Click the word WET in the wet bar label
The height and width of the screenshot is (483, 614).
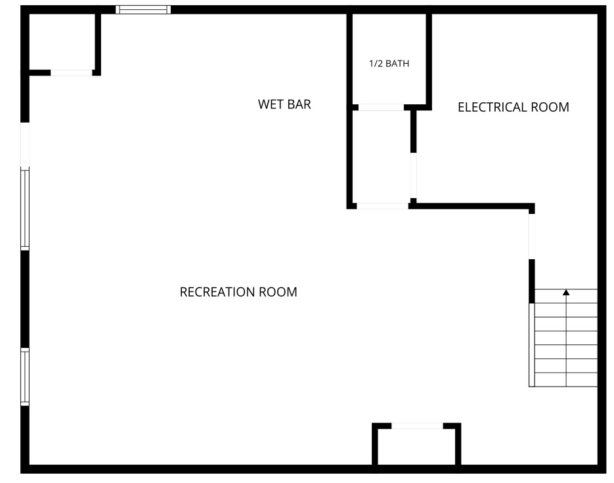coord(269,104)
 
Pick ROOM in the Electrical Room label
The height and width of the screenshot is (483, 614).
coord(550,107)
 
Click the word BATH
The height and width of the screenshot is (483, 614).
coord(397,64)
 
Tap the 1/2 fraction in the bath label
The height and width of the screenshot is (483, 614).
coord(376,64)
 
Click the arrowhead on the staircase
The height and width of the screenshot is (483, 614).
coord(566,293)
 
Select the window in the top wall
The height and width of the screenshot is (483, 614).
coord(143,10)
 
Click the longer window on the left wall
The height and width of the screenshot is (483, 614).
coord(25,209)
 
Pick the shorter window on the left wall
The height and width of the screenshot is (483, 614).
coord(25,377)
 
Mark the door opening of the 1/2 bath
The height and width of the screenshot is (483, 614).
coord(381,107)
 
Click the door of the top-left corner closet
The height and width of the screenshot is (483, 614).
coord(72,73)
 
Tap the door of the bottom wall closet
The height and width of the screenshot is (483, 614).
coord(418,426)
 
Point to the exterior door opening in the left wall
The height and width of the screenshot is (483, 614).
coord(25,145)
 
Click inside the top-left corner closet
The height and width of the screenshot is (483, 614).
coord(62,42)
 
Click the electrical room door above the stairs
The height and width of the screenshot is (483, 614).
coord(532,236)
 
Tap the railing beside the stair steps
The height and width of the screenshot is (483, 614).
coord(532,345)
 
